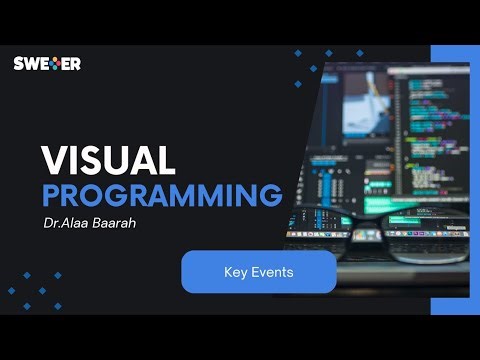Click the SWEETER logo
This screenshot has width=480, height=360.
point(47,63)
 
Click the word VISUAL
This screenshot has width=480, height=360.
point(109,161)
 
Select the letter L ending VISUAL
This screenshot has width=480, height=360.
point(167,161)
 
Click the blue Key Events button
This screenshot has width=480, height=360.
point(258,271)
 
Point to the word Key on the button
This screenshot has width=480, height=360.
point(234,271)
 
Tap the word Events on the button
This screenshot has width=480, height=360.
point(271,271)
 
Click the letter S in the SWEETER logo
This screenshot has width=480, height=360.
point(18,63)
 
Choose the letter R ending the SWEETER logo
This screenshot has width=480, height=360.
point(75,63)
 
